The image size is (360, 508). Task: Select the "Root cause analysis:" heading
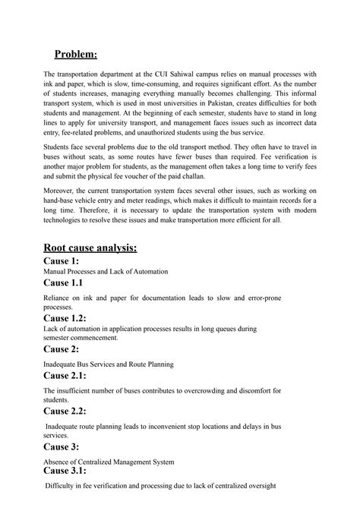95,247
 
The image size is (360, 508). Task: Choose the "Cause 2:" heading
66,349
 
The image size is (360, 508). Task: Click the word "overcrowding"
201,390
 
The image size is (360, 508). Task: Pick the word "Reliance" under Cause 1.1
58,298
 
